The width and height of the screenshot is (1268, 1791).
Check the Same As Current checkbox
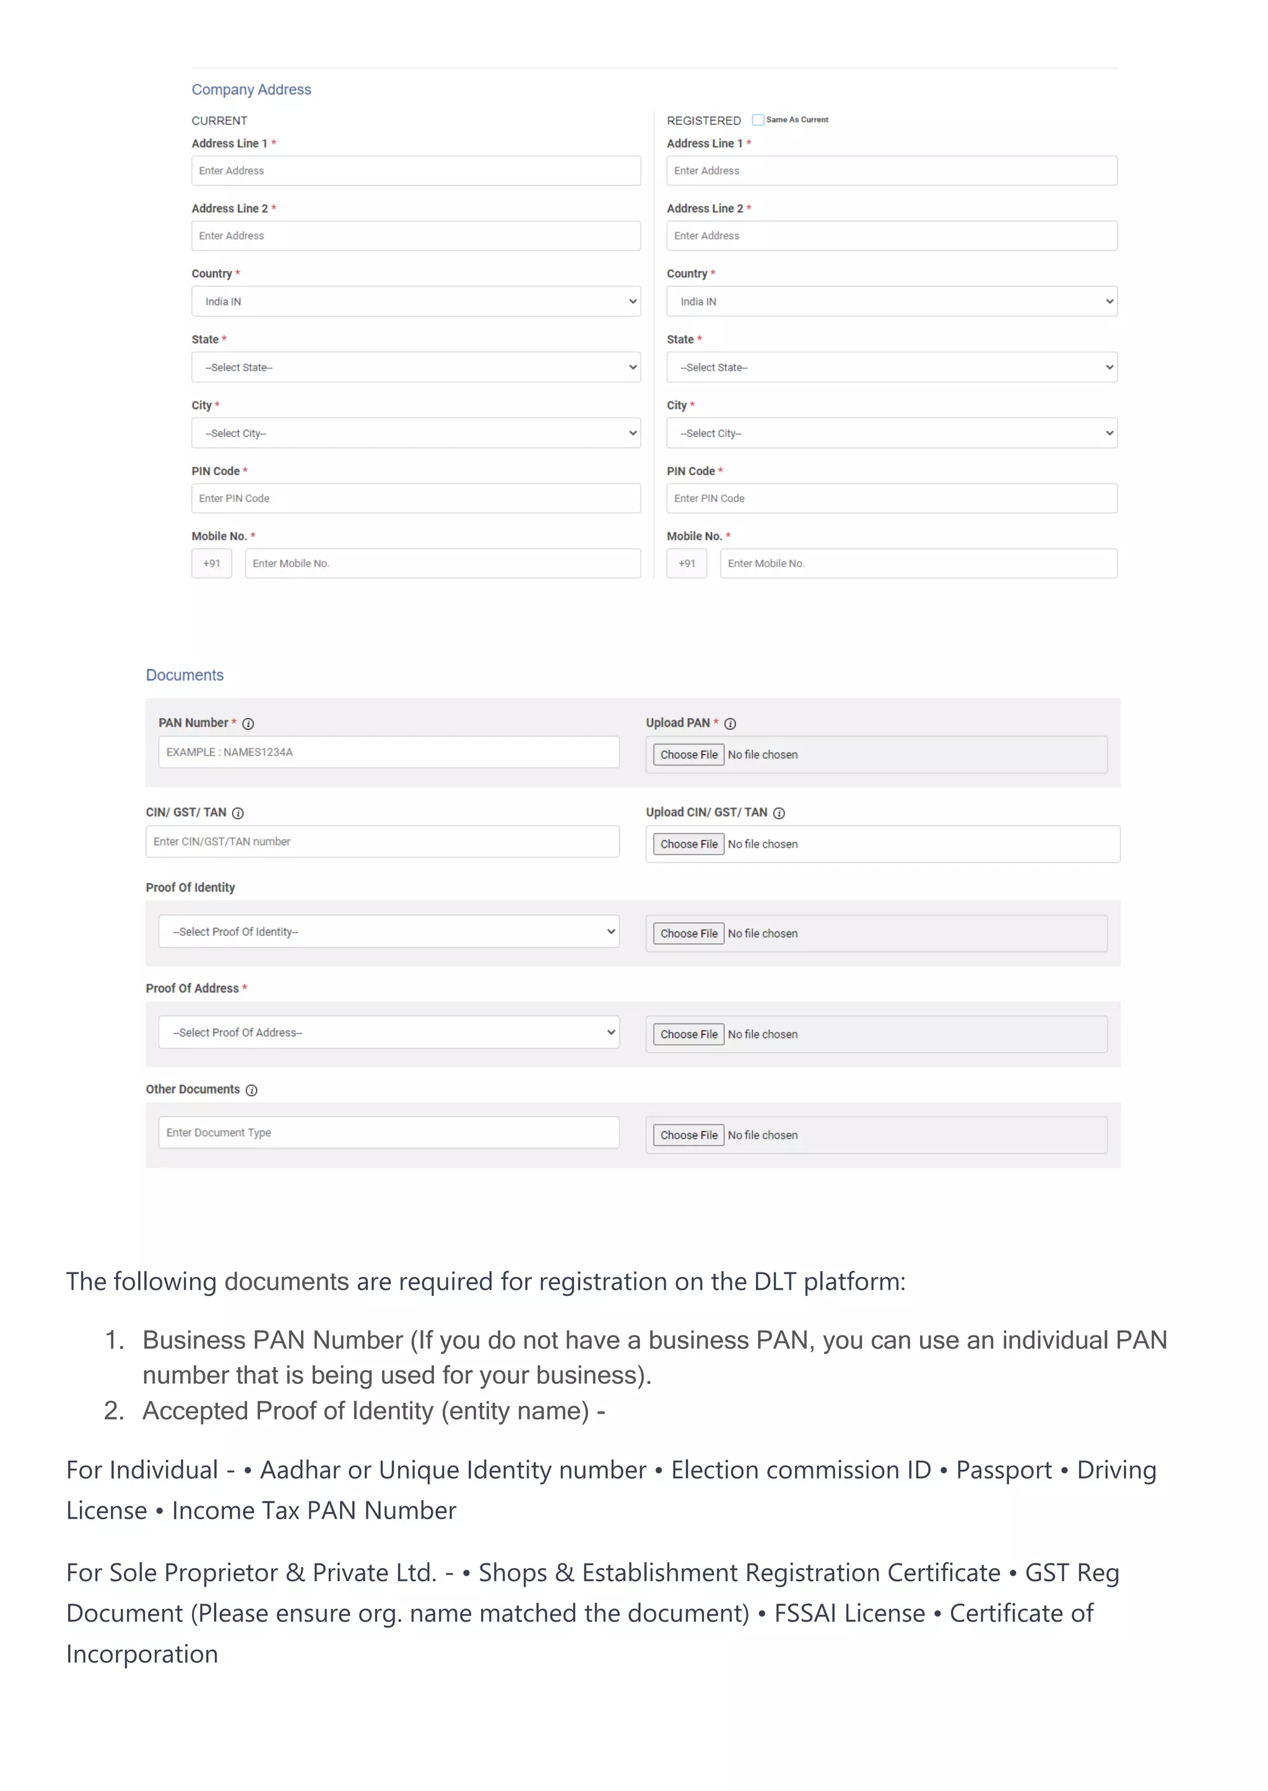757,120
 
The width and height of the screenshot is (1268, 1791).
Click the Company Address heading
251,90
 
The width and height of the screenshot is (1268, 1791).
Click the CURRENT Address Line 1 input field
415,171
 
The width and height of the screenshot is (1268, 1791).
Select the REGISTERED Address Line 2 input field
891,236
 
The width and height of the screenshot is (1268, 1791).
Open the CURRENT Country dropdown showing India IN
415,302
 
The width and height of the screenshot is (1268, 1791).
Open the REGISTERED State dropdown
891,368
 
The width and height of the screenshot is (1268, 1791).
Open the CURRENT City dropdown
415,433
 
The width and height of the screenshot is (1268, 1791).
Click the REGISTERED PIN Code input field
891,499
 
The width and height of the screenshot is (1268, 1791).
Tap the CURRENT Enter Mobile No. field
442,563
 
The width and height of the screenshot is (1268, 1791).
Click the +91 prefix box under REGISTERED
686,563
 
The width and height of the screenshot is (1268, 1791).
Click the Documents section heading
185,675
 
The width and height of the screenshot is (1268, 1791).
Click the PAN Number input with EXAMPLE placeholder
388,753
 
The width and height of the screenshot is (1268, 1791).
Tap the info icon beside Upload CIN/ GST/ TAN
778,813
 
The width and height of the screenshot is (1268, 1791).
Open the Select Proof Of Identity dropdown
388,932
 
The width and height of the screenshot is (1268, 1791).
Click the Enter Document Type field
388,1133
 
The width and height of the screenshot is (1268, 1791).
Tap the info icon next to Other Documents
251,1090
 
